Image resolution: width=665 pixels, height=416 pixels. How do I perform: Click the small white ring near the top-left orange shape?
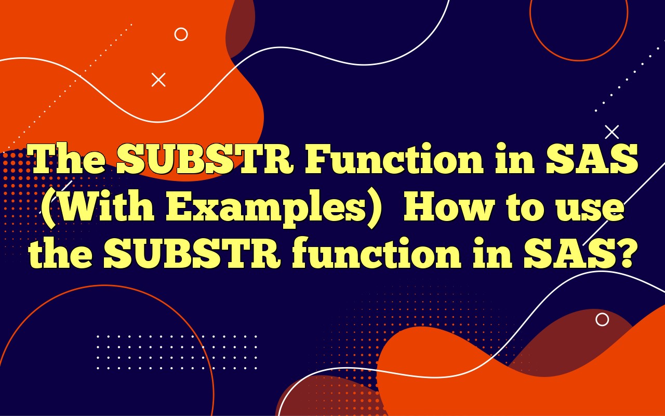[x=181, y=34]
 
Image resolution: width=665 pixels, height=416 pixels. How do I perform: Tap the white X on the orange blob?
[x=158, y=80]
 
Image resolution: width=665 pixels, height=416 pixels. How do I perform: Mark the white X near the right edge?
[x=612, y=132]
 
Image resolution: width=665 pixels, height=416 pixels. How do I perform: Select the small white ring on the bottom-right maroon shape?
[x=602, y=319]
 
